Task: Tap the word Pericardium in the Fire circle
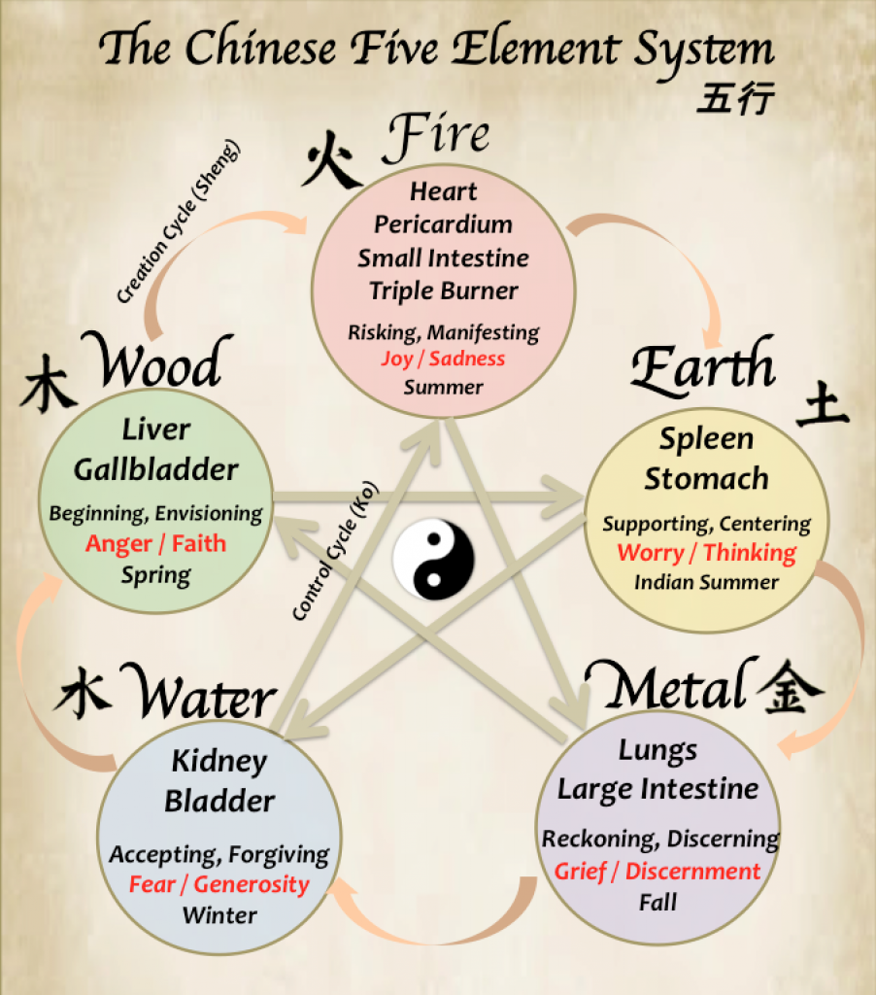(x=443, y=224)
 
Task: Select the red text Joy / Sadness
(x=443, y=359)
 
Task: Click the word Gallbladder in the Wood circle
(x=156, y=470)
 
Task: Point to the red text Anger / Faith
(x=155, y=543)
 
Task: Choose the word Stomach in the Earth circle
(x=706, y=479)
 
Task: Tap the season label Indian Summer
(x=706, y=582)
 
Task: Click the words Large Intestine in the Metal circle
(x=657, y=789)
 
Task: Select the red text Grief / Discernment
(x=657, y=871)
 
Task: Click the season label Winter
(x=219, y=914)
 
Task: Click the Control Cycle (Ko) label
(x=335, y=550)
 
